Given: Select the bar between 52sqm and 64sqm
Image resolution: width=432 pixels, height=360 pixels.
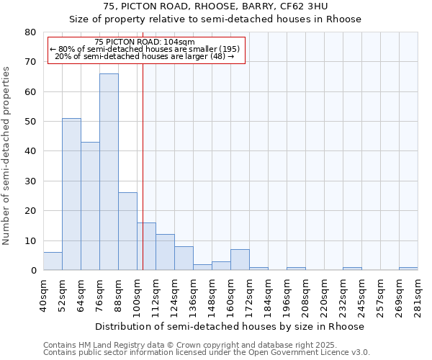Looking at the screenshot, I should [71, 194].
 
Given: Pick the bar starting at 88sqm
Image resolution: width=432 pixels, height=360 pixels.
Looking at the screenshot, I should [127, 231].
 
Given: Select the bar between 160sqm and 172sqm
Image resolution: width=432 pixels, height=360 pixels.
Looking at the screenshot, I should [240, 260].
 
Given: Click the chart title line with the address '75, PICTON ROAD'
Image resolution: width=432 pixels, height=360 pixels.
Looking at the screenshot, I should [215, 6].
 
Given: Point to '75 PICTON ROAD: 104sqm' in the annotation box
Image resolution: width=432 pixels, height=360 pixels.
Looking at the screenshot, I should [145, 42].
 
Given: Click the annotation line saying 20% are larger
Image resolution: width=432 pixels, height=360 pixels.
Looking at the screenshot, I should [145, 56].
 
